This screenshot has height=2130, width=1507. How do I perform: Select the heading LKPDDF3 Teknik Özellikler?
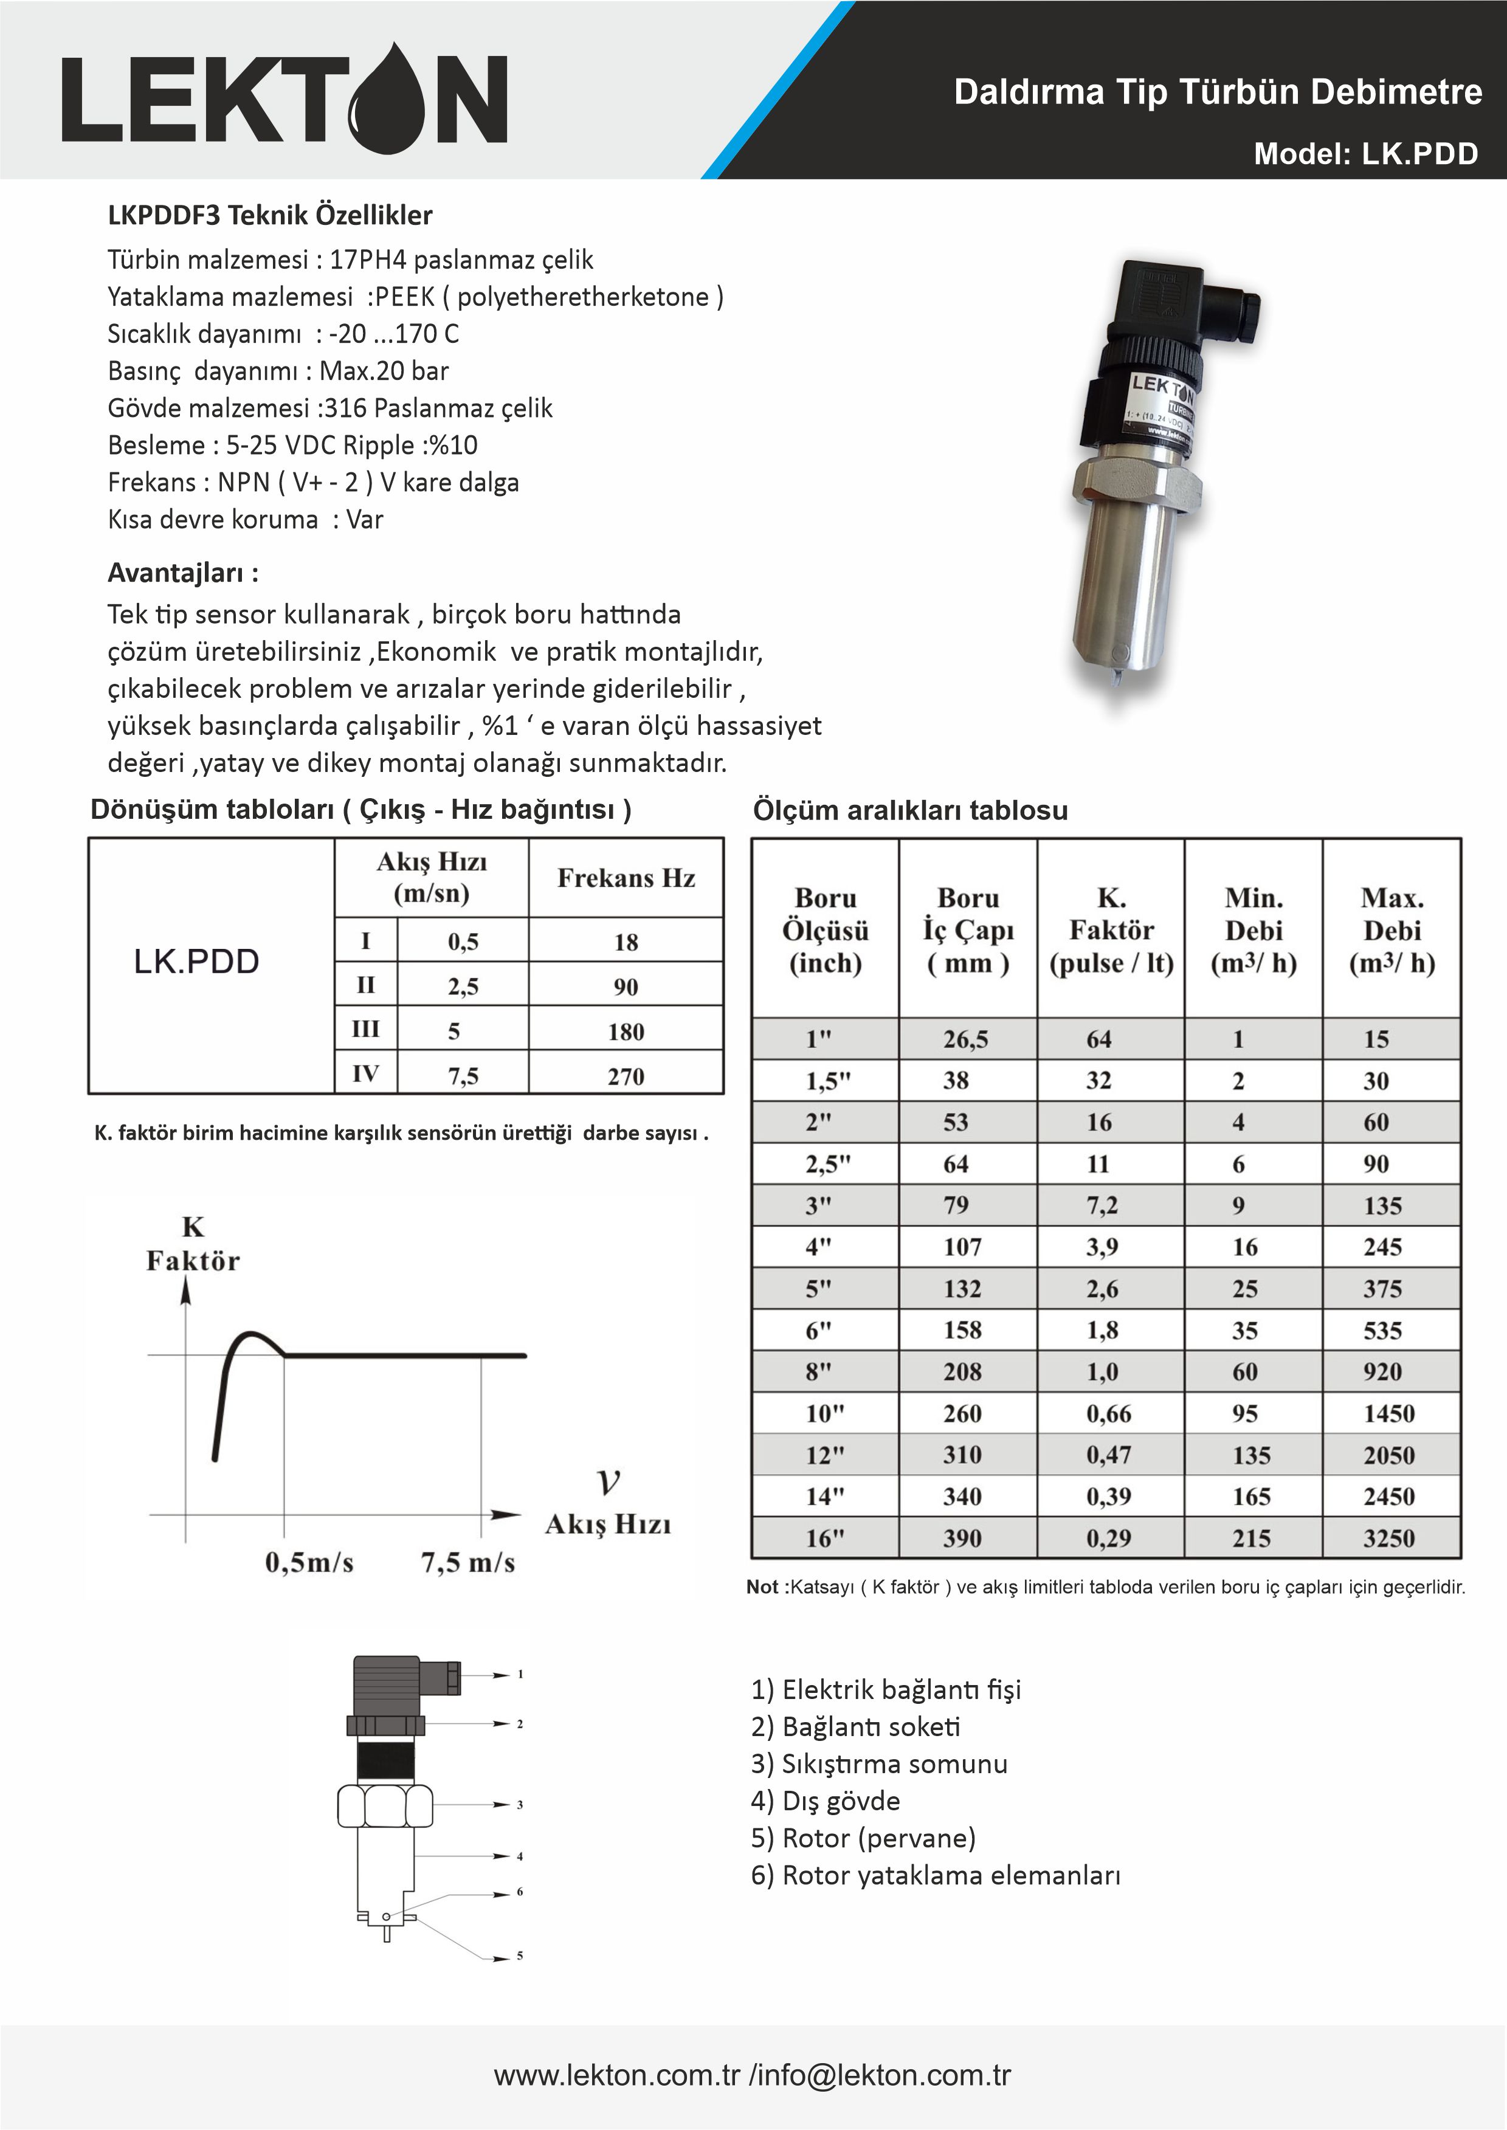click(270, 215)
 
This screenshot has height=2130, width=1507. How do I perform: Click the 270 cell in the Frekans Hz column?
click(626, 1076)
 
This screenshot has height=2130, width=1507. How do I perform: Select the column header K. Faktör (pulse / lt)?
click(1111, 931)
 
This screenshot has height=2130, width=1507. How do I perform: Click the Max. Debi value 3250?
click(1388, 1538)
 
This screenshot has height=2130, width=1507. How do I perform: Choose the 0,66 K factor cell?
click(1109, 1414)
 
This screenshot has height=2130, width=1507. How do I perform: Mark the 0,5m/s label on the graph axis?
click(309, 1563)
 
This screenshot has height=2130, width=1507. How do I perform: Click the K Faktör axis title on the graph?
click(193, 1244)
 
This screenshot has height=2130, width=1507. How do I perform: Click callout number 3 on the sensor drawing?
click(520, 1804)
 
